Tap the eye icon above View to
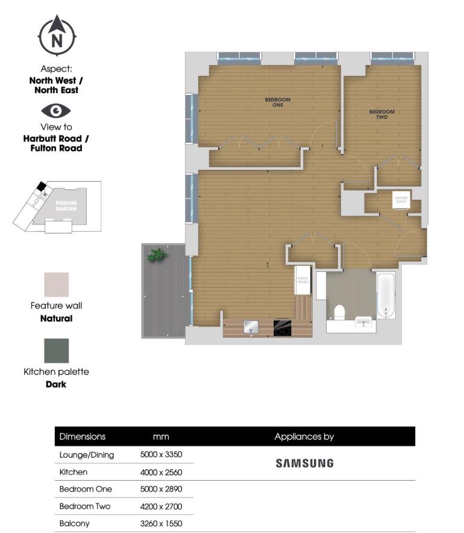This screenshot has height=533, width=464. tap(55, 111)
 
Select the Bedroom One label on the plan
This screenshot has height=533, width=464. tap(277, 102)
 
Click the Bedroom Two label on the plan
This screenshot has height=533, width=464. tap(381, 114)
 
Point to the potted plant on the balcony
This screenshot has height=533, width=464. tap(157, 254)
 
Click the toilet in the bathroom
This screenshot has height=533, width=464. tap(339, 312)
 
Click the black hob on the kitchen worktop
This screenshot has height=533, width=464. tap(282, 327)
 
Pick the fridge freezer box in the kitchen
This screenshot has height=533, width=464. tap(302, 280)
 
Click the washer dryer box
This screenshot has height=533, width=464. tap(401, 200)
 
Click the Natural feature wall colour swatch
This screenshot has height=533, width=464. tap(56, 285)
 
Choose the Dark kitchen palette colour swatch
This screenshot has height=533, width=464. tap(56, 351)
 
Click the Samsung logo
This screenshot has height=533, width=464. tap(304, 463)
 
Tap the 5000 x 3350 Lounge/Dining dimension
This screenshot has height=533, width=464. tap(161, 455)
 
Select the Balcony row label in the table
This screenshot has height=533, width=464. tap(74, 523)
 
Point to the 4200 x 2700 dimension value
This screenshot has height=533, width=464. tap(161, 507)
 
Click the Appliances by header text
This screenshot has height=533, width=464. tap(304, 437)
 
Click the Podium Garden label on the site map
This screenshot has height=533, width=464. tap(65, 206)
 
